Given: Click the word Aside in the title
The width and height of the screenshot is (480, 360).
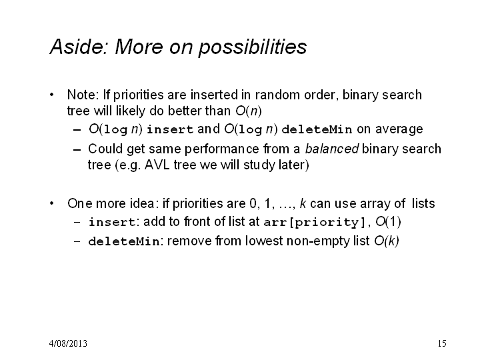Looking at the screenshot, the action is point(79,47).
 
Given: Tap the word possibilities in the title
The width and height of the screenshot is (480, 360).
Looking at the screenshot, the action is point(253,47).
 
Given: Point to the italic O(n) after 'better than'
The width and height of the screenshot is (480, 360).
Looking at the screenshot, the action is point(249,111).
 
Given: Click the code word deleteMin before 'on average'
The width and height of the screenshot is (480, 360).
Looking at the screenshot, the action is point(317,129).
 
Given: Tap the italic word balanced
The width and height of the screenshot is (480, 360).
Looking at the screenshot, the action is point(331,149).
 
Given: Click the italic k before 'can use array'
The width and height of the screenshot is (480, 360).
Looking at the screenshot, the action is point(303,203).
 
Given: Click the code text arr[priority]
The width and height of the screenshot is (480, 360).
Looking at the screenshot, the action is point(315,222).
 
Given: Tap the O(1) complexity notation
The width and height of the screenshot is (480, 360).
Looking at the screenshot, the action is point(388,221).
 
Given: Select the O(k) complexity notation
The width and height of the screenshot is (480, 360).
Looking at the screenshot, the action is point(387,241).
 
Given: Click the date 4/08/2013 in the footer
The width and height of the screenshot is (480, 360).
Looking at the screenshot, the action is point(68,343).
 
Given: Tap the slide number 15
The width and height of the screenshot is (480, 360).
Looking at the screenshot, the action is point(442,343).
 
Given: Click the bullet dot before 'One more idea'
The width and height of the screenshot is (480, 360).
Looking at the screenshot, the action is point(52,203).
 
